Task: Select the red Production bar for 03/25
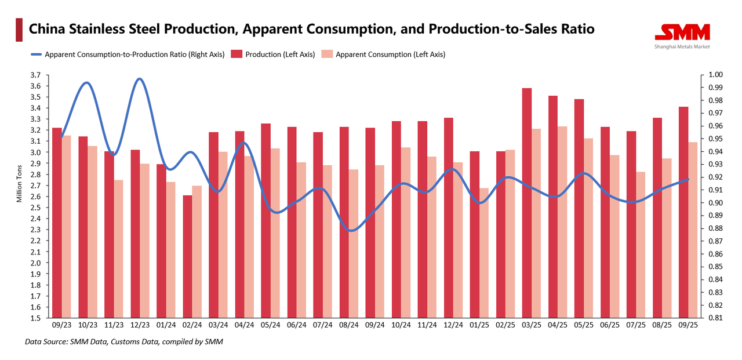(x=526, y=203)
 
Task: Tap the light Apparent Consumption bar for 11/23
(x=119, y=249)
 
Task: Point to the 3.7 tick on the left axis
(x=36, y=75)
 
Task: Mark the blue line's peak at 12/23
(x=139, y=79)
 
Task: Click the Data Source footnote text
(x=123, y=342)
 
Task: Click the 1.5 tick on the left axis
(x=36, y=318)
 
